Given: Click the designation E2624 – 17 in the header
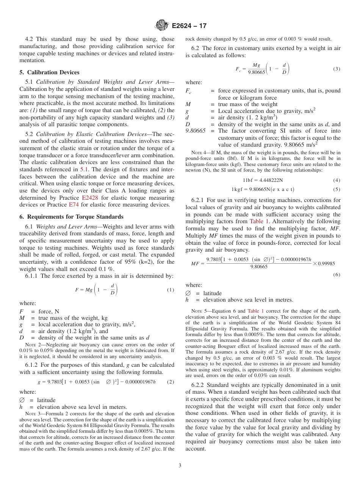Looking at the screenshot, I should (189, 26).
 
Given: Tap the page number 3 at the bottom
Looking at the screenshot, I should (180, 465).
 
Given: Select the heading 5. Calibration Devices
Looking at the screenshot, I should (50, 72).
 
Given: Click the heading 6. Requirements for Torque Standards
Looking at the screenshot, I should (71, 217).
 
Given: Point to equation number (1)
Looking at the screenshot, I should (170, 290).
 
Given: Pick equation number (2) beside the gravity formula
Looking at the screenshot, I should (170, 382).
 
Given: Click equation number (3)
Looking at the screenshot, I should (337, 69).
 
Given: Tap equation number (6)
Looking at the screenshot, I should (337, 275).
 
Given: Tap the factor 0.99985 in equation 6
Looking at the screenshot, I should (326, 263).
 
